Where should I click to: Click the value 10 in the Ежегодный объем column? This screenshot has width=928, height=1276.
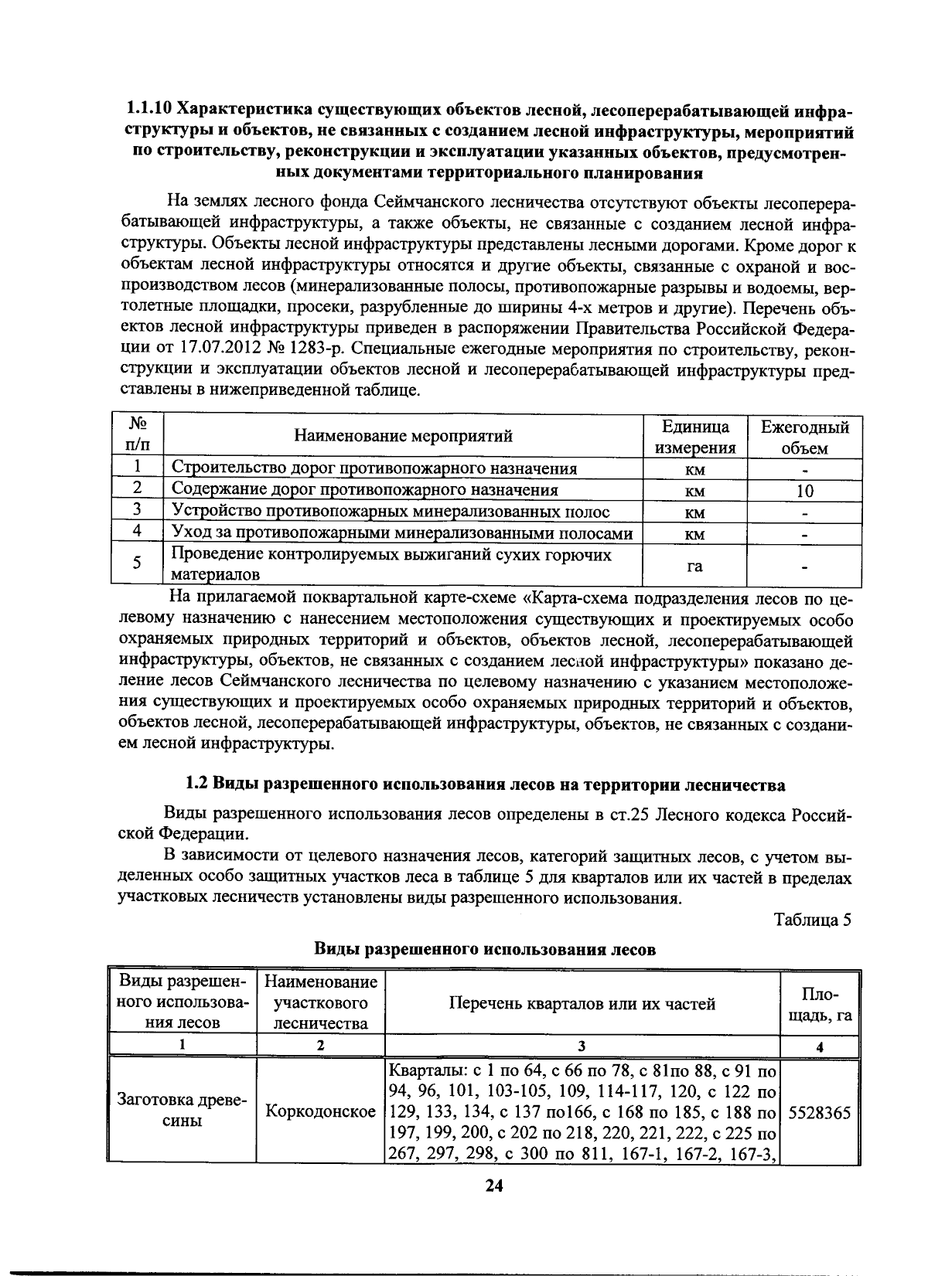pos(804,491)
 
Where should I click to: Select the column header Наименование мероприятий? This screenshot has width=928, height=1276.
pos(403,436)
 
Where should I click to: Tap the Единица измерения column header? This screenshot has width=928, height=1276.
pos(694,437)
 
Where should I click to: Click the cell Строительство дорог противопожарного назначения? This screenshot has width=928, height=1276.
pos(374,468)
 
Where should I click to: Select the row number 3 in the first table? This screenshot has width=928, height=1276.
pos(137,510)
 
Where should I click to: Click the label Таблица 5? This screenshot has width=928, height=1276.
pos(812,920)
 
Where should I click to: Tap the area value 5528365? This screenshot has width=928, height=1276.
pos(820,1113)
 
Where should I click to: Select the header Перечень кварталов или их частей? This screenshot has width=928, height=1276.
pos(582,1004)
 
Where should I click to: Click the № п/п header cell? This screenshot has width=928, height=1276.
pos(138,436)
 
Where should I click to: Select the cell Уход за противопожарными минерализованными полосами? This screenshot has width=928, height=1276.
pos(402,533)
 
